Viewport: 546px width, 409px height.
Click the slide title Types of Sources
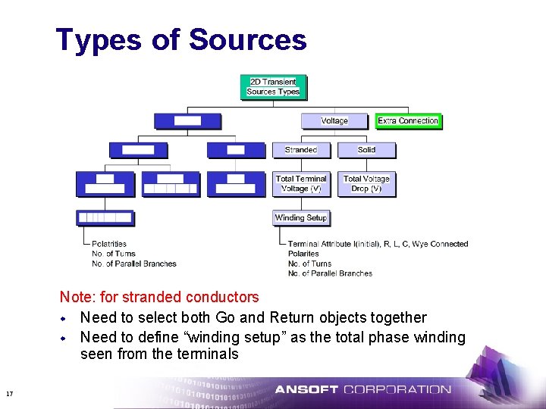coord(181,40)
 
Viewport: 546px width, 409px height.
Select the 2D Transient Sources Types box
coord(273,86)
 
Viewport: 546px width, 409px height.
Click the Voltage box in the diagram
coord(334,120)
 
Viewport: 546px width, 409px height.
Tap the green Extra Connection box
coord(408,120)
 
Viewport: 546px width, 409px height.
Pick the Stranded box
coord(301,150)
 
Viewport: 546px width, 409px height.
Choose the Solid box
coord(366,150)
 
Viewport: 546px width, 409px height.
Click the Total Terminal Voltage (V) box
coord(301,184)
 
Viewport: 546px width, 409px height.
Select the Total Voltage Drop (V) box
coord(366,184)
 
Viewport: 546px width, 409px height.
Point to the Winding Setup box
coord(301,217)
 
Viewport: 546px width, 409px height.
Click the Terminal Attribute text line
coord(378,244)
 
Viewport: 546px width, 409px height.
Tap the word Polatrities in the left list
coord(109,244)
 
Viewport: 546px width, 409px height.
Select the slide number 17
coord(9,393)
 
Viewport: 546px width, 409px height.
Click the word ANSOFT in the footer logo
coord(306,390)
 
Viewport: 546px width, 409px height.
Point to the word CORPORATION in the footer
coord(397,390)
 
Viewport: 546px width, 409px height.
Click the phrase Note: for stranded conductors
coord(159,298)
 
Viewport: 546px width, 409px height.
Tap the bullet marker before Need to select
coord(64,318)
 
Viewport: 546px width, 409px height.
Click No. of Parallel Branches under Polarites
coord(330,273)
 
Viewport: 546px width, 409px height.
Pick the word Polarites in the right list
coord(303,254)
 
